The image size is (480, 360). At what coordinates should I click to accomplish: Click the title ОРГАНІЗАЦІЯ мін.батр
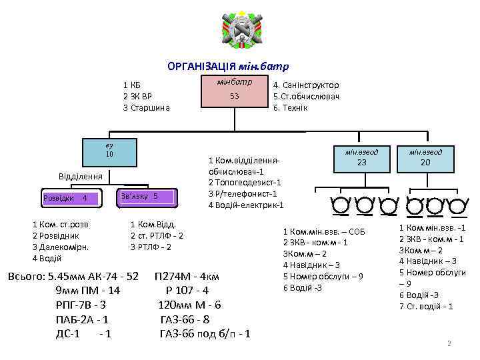[227, 67]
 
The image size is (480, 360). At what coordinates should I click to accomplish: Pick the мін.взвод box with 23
[362, 157]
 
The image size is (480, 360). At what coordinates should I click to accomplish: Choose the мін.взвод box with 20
[426, 157]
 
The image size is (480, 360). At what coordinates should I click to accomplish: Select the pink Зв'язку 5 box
[147, 197]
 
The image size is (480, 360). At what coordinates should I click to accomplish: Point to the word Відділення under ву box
[80, 177]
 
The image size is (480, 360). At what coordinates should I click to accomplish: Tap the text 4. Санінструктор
[306, 85]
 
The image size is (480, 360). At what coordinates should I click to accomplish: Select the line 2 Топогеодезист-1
[245, 183]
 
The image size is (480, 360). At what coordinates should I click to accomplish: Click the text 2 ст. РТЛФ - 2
[157, 235]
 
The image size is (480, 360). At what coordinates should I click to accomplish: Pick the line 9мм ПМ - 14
[88, 291]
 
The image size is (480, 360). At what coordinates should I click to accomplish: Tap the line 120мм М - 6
[189, 305]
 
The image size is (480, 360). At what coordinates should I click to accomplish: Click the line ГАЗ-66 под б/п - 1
[205, 333]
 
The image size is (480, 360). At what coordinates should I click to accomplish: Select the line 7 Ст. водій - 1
[426, 306]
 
